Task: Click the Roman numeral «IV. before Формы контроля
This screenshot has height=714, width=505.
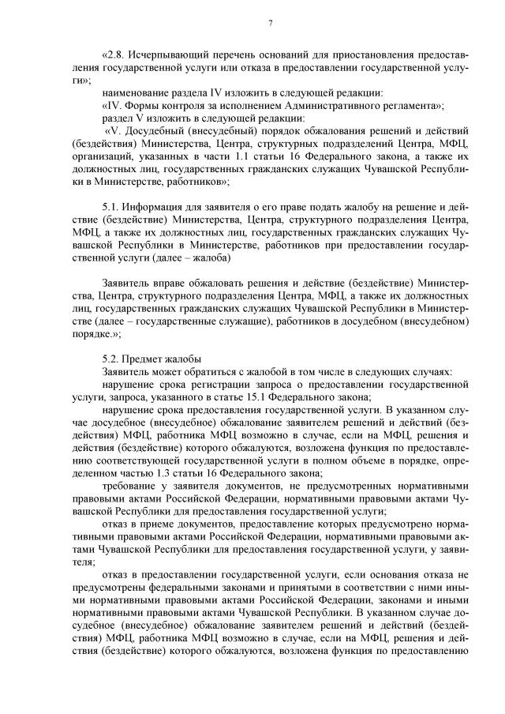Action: tap(114, 105)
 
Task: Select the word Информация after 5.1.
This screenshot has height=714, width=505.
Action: tap(155, 207)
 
